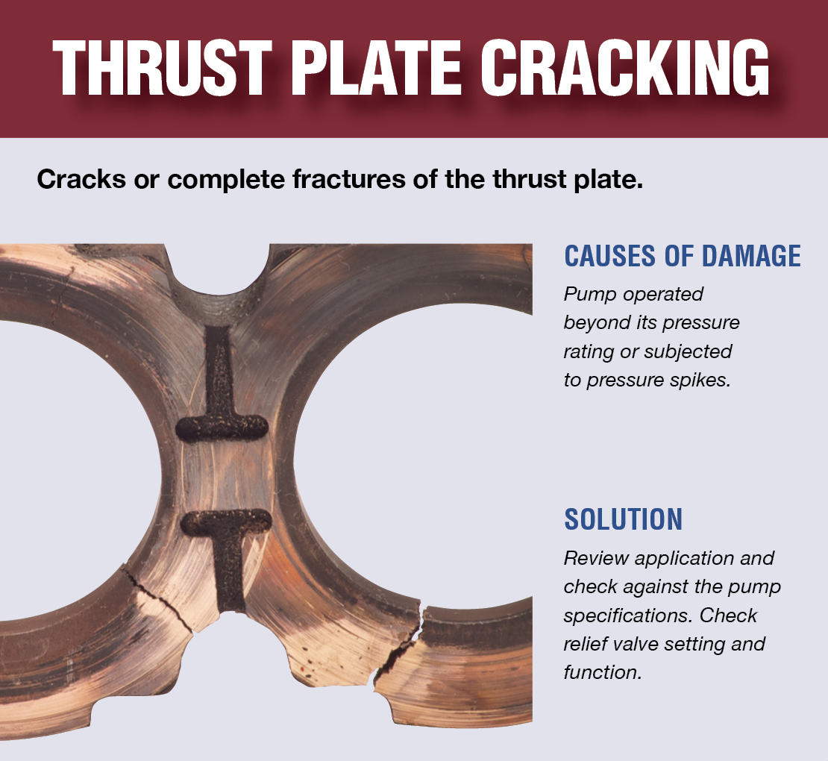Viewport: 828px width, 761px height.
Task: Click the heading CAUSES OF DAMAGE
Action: [683, 256]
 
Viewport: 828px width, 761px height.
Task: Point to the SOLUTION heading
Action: [623, 519]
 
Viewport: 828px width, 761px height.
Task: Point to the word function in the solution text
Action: [601, 671]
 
